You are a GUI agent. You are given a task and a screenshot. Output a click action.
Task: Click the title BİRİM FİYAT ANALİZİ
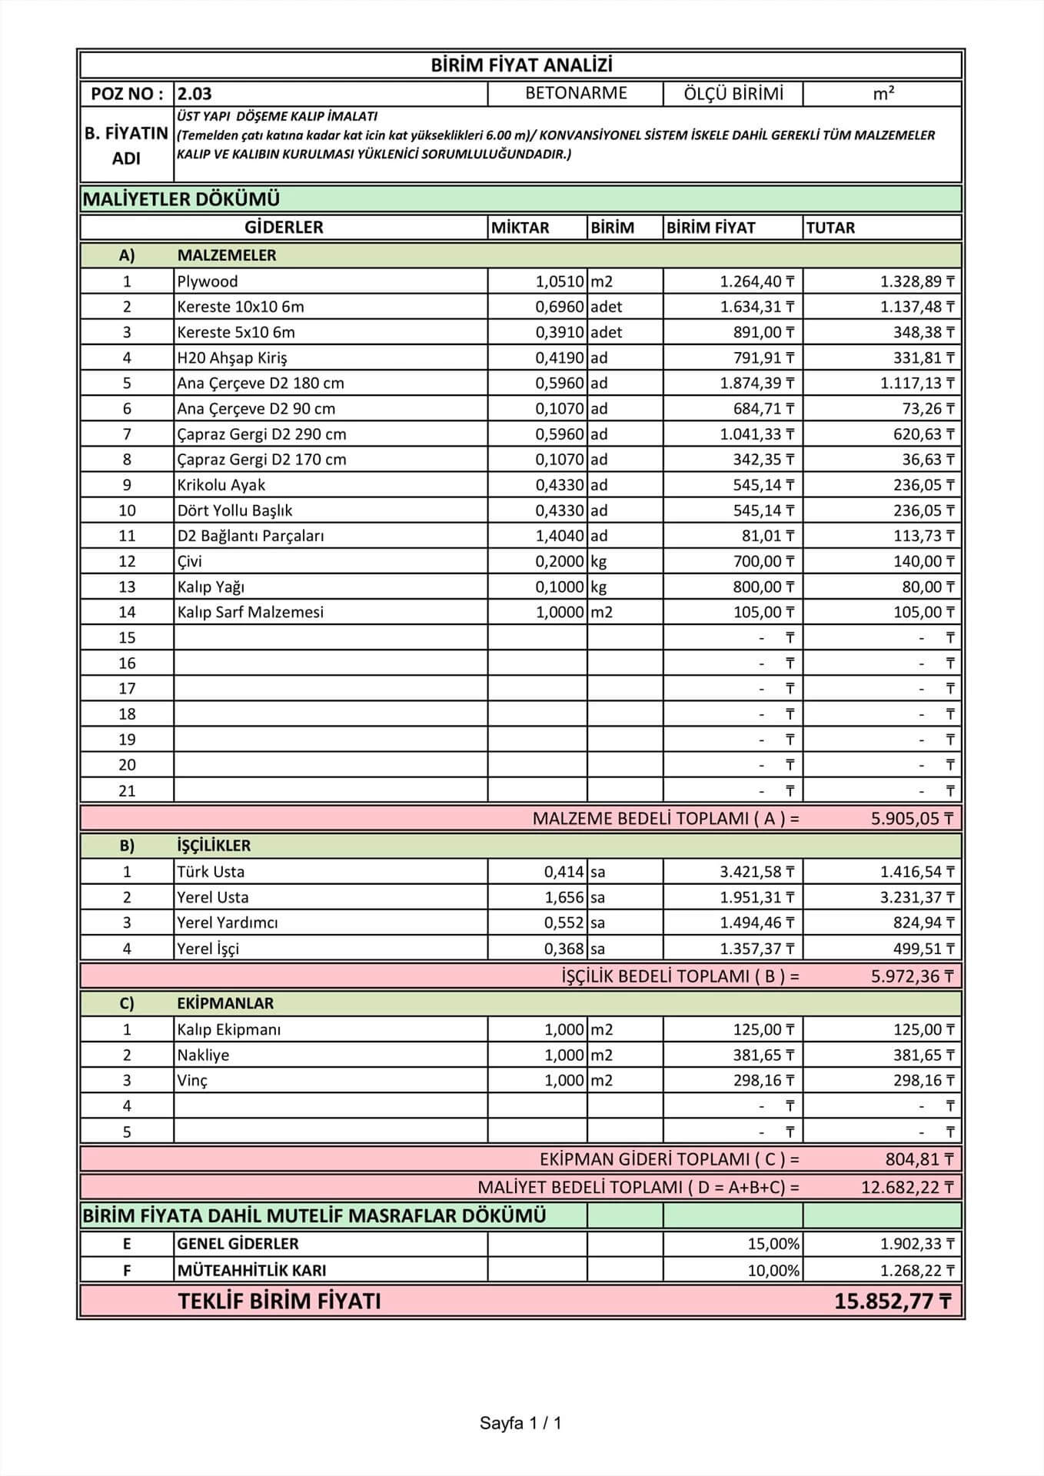(520, 65)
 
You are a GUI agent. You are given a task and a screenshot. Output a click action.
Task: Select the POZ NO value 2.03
(195, 94)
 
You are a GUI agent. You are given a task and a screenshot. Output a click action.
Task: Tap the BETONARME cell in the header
(576, 93)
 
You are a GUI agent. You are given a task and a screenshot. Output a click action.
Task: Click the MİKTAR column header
(520, 228)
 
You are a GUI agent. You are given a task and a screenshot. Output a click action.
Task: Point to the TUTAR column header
(830, 228)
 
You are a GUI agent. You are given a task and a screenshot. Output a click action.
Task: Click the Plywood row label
(208, 281)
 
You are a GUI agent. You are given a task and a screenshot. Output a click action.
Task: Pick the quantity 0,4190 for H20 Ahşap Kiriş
(560, 357)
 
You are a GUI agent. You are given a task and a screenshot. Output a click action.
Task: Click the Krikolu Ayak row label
(221, 485)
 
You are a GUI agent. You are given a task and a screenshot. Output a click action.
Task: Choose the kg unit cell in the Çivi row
(599, 561)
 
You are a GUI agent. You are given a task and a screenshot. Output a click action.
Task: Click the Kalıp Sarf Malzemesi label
(251, 612)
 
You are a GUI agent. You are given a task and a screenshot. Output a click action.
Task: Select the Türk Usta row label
(211, 872)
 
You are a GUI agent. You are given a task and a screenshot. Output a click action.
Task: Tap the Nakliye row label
(203, 1055)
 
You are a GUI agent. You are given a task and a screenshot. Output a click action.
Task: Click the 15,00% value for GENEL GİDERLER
(773, 1244)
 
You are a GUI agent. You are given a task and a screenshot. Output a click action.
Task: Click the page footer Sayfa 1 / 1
(520, 1423)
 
